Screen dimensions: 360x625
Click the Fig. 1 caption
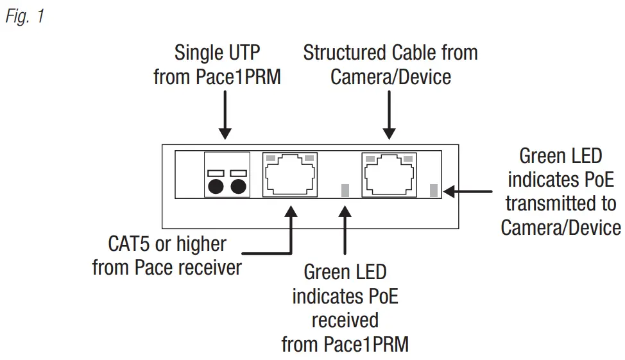tap(25, 16)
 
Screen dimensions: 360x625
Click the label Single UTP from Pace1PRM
tap(218, 64)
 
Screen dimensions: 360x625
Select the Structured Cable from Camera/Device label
tap(390, 64)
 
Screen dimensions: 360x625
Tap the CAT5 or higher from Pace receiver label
tap(167, 255)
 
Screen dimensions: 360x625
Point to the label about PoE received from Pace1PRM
tap(345, 308)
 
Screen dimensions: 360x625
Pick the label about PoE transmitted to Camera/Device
tap(560, 191)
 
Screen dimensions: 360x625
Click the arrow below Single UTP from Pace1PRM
tap(225, 116)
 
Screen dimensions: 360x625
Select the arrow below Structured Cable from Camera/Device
tap(390, 116)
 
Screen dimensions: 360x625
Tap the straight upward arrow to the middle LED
tap(345, 231)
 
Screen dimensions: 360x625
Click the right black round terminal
tap(238, 187)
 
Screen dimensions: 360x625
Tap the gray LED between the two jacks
tap(345, 190)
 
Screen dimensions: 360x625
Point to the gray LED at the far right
tap(433, 190)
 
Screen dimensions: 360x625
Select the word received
tap(345, 320)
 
